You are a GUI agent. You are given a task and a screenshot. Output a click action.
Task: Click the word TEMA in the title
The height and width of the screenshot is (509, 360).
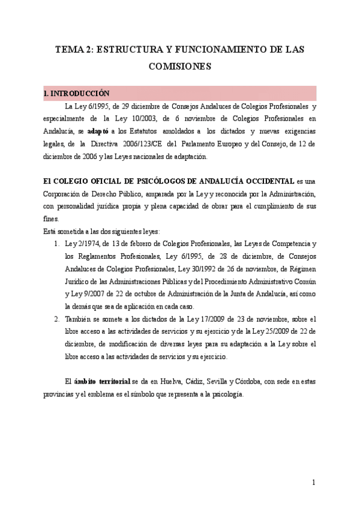68,50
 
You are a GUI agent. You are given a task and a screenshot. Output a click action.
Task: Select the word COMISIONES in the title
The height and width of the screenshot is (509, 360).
180,67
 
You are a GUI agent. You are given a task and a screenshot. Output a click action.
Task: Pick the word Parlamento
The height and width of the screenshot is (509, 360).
214,144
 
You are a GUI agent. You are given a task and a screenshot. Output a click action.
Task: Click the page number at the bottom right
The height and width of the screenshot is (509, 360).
313,483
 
